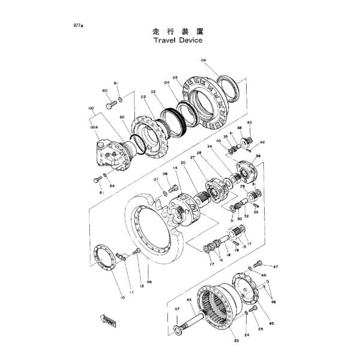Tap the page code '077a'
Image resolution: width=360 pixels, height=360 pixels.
78,26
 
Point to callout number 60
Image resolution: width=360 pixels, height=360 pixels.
105,91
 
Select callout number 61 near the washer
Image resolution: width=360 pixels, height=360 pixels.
116,83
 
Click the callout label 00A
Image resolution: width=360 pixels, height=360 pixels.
93,128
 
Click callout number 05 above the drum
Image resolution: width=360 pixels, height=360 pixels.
175,77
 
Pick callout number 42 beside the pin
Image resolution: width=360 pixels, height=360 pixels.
262,143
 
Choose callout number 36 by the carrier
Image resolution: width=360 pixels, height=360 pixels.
259,157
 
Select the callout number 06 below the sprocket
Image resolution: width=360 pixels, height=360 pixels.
149,281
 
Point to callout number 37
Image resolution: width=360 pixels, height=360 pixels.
177,309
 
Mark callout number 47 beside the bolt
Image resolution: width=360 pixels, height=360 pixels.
275,266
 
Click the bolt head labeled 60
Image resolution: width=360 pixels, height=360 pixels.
110,105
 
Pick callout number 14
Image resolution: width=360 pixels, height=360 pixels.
175,168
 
